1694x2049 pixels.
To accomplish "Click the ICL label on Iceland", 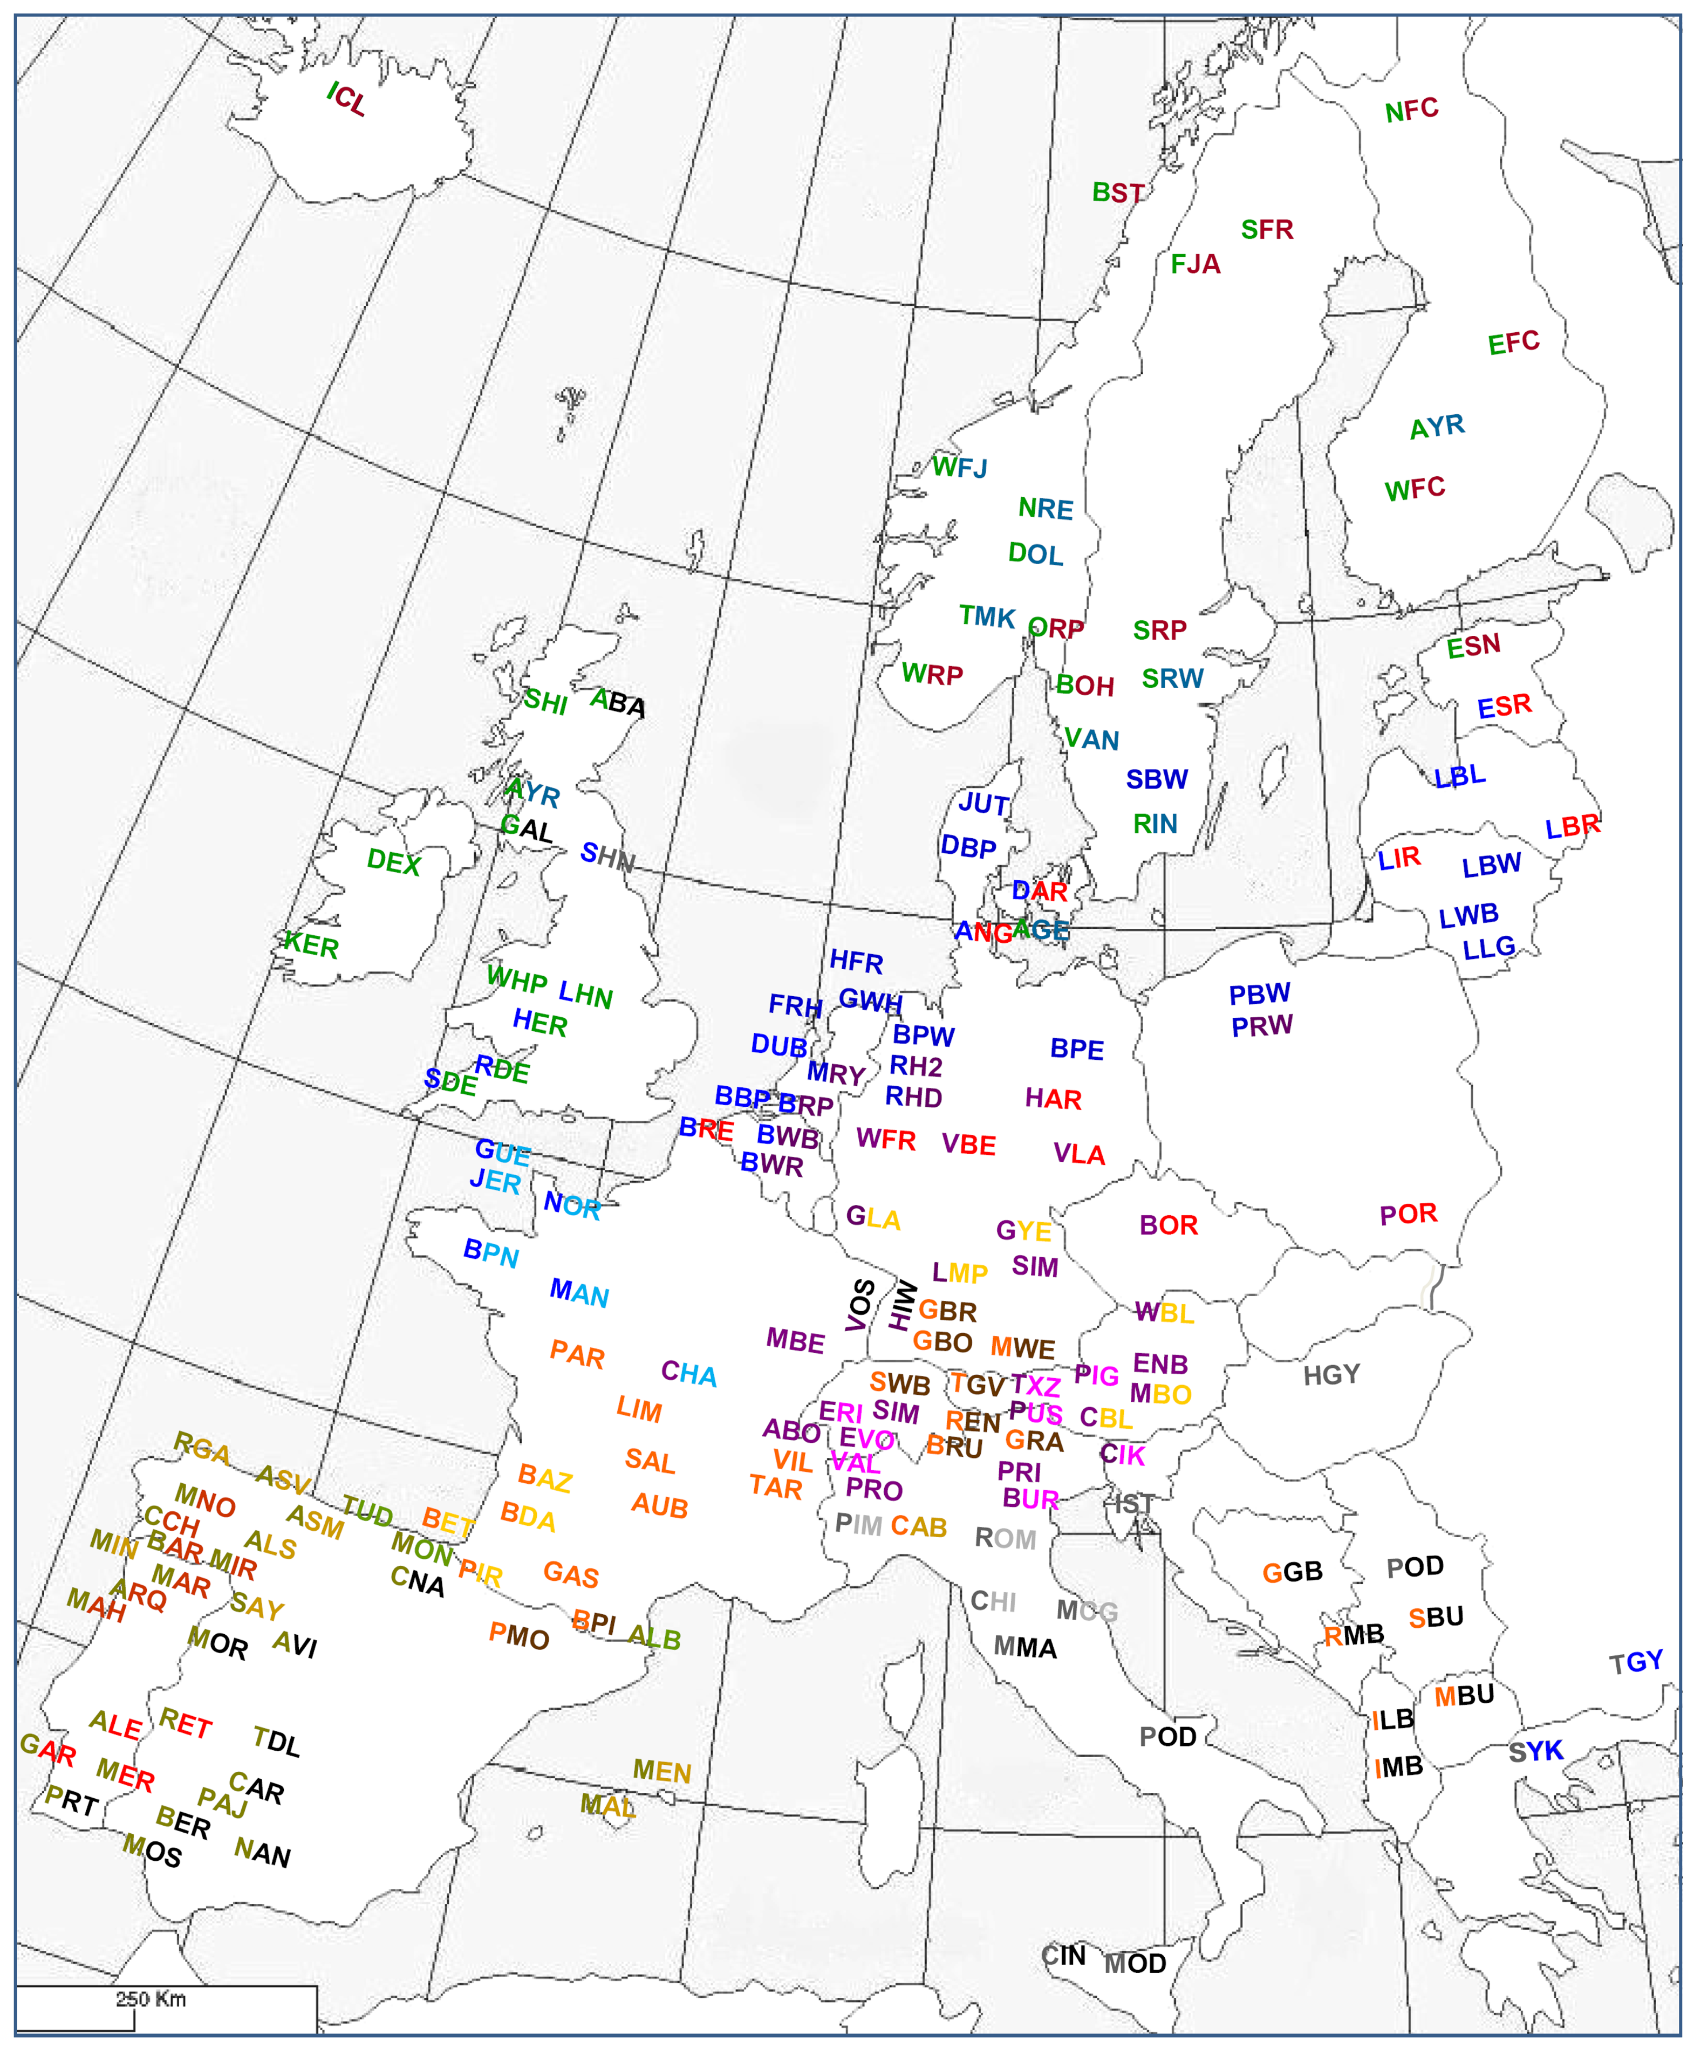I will click(346, 100).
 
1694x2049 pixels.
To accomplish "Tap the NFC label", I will click(1411, 110).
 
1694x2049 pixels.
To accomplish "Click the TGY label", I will click(1635, 1662).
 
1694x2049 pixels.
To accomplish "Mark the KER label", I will click(310, 944).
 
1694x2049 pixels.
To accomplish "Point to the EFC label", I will click(1513, 342).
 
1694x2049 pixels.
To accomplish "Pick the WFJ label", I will click(959, 468).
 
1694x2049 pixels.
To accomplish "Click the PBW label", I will click(1259, 994).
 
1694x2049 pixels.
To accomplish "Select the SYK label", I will click(1536, 1751).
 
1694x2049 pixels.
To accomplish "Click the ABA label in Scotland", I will click(618, 703).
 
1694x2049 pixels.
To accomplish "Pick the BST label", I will click(1117, 192).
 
